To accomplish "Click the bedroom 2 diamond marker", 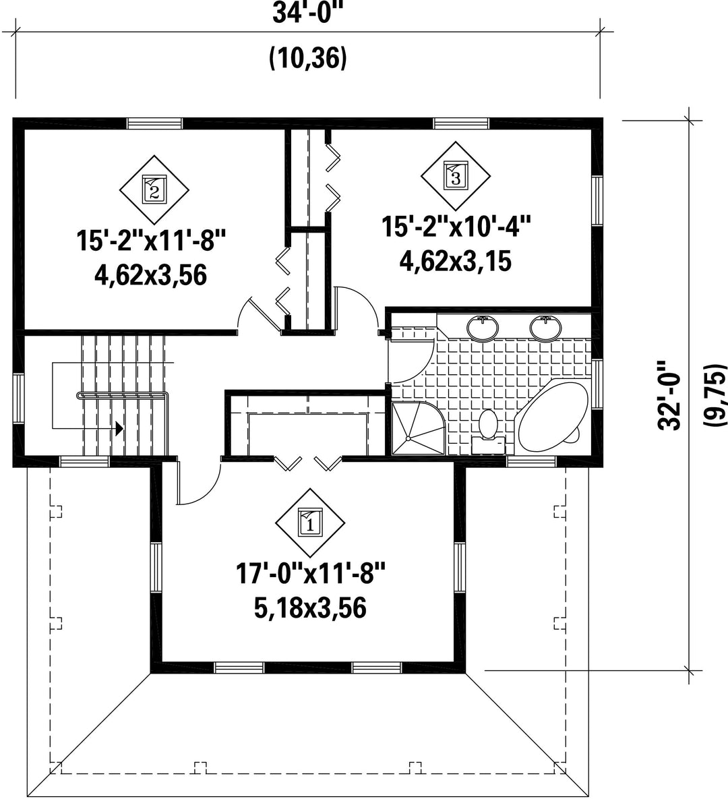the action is (154, 190).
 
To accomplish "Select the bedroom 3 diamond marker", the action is (456, 176).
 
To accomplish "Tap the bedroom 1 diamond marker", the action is (310, 523).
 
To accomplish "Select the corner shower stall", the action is (417, 427).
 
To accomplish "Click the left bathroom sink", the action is (483, 328).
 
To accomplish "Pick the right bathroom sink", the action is (545, 328).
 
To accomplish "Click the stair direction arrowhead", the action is (119, 428).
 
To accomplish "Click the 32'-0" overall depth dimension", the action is (669, 396).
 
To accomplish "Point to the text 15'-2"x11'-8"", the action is (151, 241).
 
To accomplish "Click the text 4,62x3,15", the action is (455, 262).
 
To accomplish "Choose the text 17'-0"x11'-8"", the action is (310, 574).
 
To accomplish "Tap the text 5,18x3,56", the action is (310, 608).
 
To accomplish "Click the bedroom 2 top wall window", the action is (154, 123).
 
